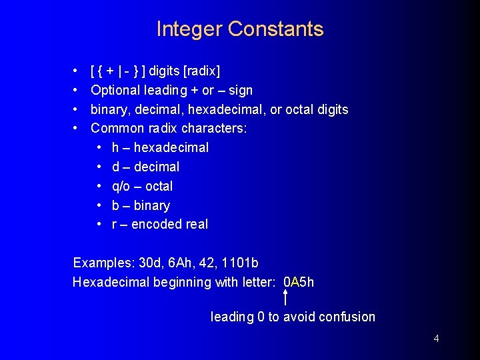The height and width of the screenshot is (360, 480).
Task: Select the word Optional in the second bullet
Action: tap(115, 90)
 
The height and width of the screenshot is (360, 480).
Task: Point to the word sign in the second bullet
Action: tap(241, 90)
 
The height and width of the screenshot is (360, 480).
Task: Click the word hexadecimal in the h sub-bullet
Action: tap(171, 147)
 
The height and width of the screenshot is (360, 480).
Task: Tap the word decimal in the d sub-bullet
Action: tap(157, 167)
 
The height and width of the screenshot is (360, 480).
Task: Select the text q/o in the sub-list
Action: tap(122, 186)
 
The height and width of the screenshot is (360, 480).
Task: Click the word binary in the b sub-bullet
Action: tap(152, 205)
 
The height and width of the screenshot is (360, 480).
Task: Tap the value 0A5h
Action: tap(299, 282)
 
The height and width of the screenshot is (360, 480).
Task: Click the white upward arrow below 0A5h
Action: tap(286, 297)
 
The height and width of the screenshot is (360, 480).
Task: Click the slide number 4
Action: tap(436, 339)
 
